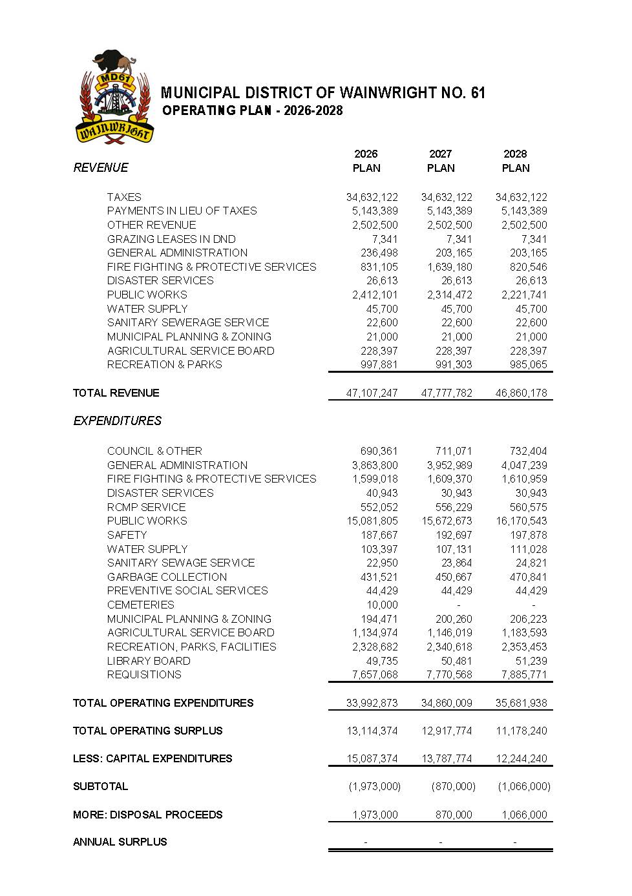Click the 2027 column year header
440,154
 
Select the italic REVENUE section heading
101,168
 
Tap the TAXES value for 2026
372,197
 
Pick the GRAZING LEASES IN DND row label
171,239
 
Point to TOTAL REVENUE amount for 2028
521,393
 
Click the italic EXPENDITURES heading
118,421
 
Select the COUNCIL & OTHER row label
154,451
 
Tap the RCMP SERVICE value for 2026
379,507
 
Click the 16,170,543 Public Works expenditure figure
521,521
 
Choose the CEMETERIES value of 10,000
382,605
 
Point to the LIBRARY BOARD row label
149,661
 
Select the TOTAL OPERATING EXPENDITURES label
163,703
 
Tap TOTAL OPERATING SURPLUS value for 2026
372,731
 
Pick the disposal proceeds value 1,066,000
524,815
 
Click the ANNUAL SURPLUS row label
120,842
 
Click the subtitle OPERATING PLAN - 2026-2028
252,110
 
